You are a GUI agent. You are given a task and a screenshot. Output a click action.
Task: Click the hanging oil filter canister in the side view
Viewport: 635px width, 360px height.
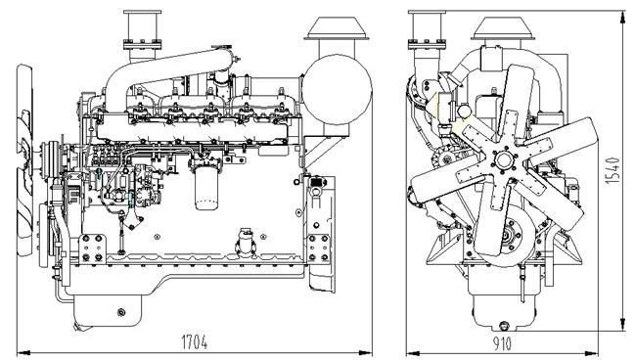pyautogui.click(x=205, y=187)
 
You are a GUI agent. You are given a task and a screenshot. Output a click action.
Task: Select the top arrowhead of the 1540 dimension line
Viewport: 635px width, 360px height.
pyautogui.click(x=622, y=12)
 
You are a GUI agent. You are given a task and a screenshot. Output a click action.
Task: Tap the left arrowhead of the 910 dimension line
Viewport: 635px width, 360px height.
pyautogui.click(x=410, y=349)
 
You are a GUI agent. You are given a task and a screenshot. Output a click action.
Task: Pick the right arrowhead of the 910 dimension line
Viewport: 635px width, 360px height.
pyautogui.click(x=598, y=349)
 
